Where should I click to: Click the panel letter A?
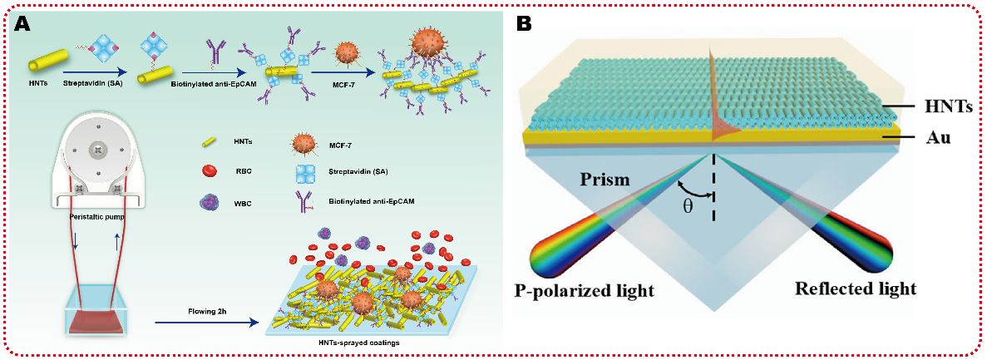click(x=22, y=23)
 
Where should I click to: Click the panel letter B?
click(x=524, y=24)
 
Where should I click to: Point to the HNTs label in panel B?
click(x=947, y=109)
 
